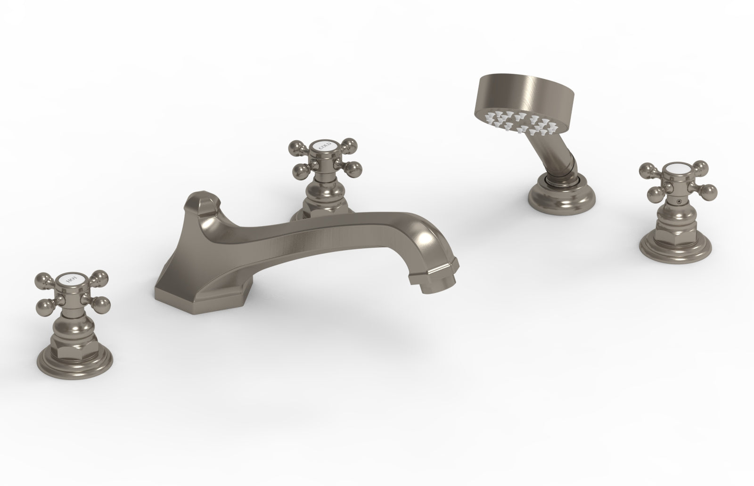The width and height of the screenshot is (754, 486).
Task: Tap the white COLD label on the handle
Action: click(x=322, y=149)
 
